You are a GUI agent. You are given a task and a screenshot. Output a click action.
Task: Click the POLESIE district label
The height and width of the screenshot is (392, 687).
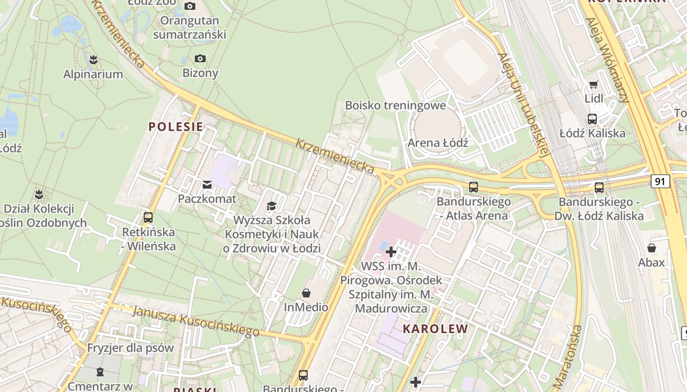(x=176, y=127)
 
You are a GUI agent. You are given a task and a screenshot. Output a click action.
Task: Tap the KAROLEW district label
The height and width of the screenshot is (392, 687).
(x=435, y=329)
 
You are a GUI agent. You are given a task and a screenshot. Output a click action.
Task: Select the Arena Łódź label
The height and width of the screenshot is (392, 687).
(x=438, y=143)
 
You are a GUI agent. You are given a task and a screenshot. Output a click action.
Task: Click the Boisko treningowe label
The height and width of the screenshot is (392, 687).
(x=396, y=105)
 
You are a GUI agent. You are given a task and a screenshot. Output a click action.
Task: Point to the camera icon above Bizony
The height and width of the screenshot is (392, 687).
(x=200, y=59)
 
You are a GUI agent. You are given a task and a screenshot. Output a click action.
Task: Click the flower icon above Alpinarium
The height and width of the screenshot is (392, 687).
(x=93, y=60)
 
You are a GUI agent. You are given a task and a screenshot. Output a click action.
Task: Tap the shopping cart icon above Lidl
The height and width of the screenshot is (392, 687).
(x=594, y=84)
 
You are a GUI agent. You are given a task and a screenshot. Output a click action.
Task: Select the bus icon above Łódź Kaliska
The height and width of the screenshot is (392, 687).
(x=592, y=119)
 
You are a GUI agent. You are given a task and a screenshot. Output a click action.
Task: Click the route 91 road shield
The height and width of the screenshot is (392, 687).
(x=661, y=181)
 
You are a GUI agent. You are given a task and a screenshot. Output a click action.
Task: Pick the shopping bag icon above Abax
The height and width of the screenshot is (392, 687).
(x=652, y=248)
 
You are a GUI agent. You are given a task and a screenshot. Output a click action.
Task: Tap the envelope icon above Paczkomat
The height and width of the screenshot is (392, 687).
(x=207, y=185)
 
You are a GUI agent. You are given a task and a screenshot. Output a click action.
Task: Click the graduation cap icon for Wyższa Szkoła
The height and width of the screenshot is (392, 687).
(x=271, y=206)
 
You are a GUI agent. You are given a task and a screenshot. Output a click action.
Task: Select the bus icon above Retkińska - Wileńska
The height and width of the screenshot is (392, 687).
(x=148, y=218)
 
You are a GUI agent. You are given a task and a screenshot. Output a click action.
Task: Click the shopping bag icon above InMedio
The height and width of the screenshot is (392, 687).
(x=306, y=293)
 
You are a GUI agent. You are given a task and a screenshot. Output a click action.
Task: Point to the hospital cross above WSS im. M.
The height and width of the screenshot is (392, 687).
(x=391, y=252)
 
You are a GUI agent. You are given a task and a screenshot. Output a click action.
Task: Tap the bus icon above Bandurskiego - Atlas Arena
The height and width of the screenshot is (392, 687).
(x=474, y=187)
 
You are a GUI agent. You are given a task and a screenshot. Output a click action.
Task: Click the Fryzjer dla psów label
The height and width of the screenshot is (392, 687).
(x=131, y=348)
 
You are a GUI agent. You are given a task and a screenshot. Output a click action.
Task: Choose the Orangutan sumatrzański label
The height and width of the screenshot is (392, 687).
(x=189, y=27)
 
